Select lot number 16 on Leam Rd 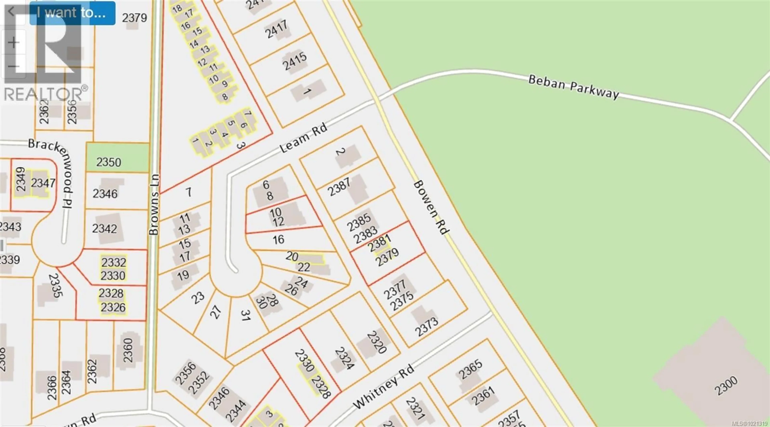tap(278, 239)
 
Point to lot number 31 tap(246, 315)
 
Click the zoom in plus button tap(13, 43)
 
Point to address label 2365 tap(470, 369)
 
